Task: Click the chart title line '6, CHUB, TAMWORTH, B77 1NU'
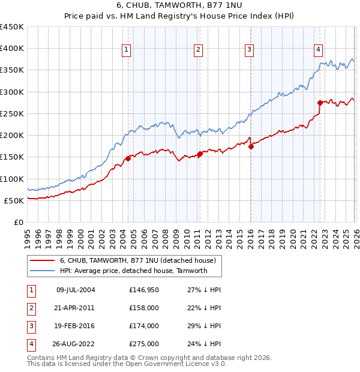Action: [179, 6]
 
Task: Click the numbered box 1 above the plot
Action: [127, 50]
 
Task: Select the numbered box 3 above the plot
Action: [249, 50]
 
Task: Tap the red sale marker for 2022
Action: [320, 103]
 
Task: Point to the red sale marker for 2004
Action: [128, 158]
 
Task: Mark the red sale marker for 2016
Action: [251, 146]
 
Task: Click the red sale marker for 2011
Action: [200, 154]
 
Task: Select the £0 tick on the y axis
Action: [18, 223]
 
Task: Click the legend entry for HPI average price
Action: [133, 271]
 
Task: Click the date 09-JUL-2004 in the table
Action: [75, 290]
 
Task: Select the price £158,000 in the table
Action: [143, 308]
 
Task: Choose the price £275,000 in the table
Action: [143, 344]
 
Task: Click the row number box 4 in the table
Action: [29, 344]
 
